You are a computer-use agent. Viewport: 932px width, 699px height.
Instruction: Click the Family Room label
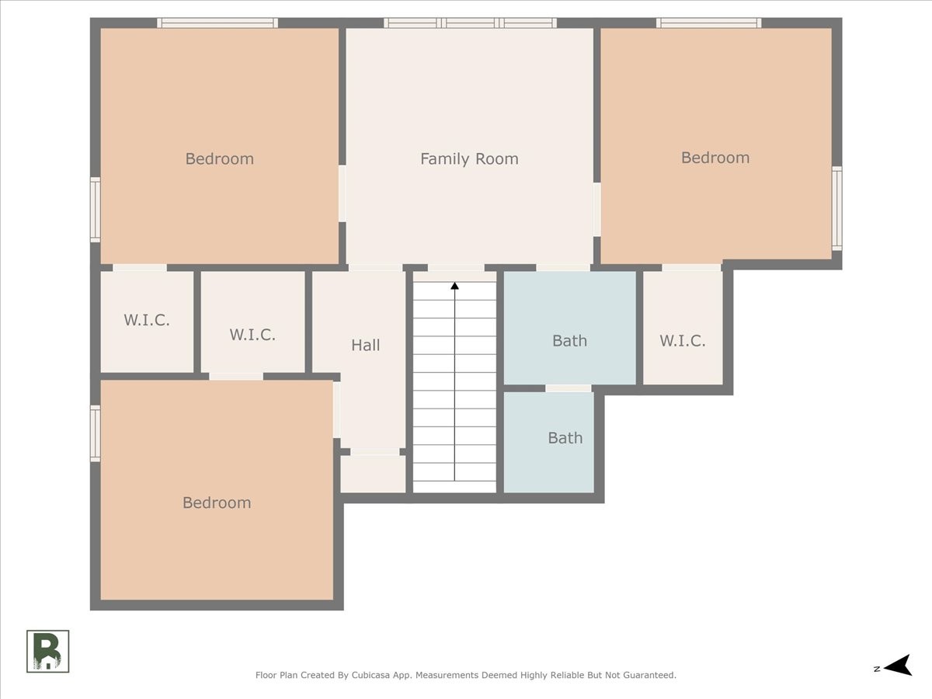coord(469,159)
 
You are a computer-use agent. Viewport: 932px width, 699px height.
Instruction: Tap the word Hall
coord(366,345)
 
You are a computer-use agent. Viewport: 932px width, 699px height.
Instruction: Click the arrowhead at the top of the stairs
coord(455,286)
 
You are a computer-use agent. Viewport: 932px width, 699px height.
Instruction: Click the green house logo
coord(47,651)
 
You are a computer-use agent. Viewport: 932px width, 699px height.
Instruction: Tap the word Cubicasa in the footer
coord(370,675)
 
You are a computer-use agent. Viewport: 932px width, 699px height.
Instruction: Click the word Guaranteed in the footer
coord(652,675)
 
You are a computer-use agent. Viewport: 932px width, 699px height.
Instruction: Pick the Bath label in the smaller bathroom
coord(565,438)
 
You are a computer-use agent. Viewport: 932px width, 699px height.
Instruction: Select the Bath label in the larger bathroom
coord(569,341)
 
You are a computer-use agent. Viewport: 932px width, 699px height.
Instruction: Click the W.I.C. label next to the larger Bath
coord(683,341)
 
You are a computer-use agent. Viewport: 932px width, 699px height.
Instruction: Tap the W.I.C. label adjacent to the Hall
coord(252,335)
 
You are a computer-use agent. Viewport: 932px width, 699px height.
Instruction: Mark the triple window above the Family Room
coord(470,23)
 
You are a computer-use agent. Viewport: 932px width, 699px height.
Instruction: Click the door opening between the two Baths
coord(568,388)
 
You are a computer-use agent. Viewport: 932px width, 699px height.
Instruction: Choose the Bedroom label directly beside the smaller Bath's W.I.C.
coord(715,158)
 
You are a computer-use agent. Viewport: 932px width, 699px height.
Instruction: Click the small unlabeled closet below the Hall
coord(374,474)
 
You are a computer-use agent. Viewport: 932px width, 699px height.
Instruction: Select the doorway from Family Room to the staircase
coord(456,268)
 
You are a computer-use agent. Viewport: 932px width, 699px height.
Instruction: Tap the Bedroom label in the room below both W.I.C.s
coord(217,503)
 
